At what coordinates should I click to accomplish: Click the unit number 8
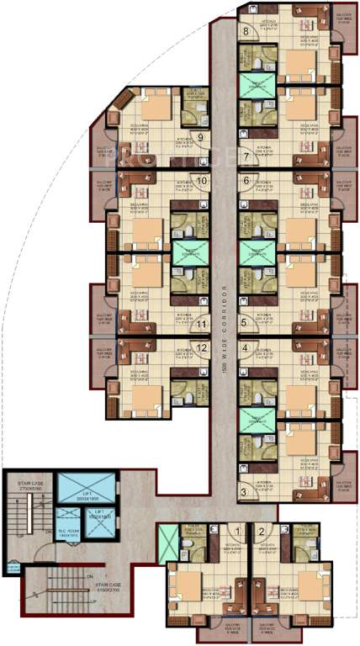click(246, 32)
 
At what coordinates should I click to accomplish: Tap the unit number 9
click(201, 139)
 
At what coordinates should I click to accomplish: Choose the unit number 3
click(245, 321)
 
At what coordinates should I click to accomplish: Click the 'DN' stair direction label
click(87, 578)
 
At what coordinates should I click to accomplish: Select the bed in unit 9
click(155, 106)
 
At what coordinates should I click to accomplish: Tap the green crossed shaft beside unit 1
click(169, 538)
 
